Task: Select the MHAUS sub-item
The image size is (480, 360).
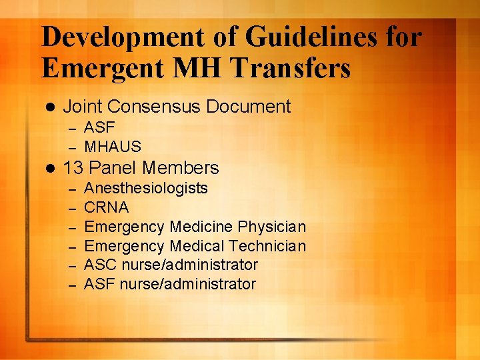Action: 113,146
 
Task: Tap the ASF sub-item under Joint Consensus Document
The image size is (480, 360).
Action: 99,127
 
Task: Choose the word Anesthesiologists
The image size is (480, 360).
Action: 146,189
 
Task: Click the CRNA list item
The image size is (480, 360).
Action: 107,207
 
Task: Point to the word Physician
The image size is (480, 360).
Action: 272,227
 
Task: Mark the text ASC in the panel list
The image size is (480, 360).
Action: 101,265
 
